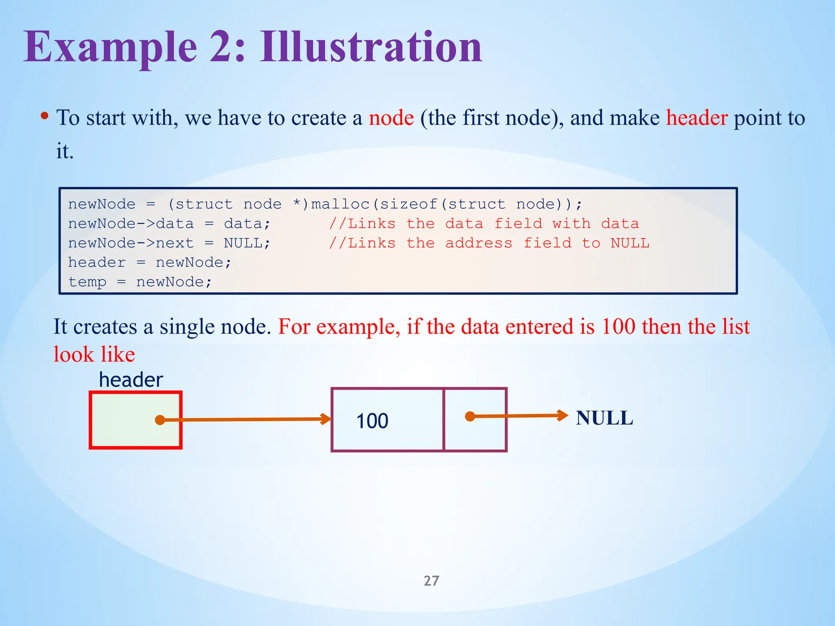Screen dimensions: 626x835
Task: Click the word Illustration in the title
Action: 371,48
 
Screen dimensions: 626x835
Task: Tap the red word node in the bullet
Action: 391,118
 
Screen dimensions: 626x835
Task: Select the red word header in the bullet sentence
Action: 696,118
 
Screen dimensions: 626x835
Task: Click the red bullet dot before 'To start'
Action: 45,116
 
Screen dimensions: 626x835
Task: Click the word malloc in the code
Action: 340,204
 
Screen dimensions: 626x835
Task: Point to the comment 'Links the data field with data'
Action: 484,224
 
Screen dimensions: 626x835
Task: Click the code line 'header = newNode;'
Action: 150,262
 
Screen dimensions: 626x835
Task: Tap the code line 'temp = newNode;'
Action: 140,282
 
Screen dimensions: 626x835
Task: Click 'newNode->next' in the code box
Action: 130,243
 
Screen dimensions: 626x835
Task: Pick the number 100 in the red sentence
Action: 618,327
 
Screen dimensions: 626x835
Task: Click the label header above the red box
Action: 131,380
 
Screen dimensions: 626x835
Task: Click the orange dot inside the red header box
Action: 160,420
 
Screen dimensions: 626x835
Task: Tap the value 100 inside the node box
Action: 372,421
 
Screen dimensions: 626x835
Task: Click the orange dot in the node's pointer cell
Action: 470,417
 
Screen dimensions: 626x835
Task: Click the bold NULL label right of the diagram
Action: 604,418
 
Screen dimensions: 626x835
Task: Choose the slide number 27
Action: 431,581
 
